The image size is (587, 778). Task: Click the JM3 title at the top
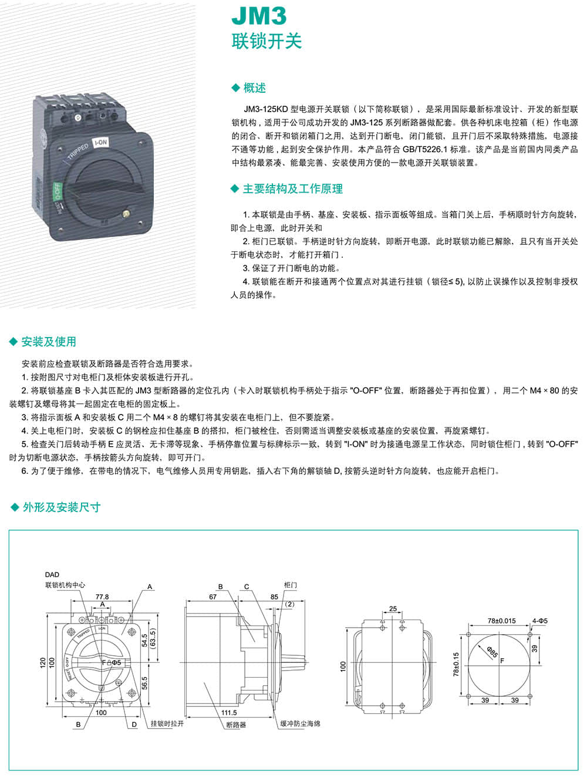pos(258,16)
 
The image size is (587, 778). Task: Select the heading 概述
pos(254,88)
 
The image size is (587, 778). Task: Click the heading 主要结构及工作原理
pos(292,188)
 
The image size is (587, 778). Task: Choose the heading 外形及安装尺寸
pos(61,507)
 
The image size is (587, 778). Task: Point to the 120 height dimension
pos(43,662)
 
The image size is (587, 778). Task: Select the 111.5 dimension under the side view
pos(230,712)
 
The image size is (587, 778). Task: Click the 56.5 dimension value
pos(144,683)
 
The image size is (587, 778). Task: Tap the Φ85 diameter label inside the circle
pos(492,651)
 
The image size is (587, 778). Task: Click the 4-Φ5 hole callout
pos(539,621)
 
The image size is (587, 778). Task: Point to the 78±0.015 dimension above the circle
pos(501,621)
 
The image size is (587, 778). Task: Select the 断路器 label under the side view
pos(236,725)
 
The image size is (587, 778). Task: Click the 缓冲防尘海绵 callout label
pos(300,723)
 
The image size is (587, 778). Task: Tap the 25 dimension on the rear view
pos(393,609)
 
